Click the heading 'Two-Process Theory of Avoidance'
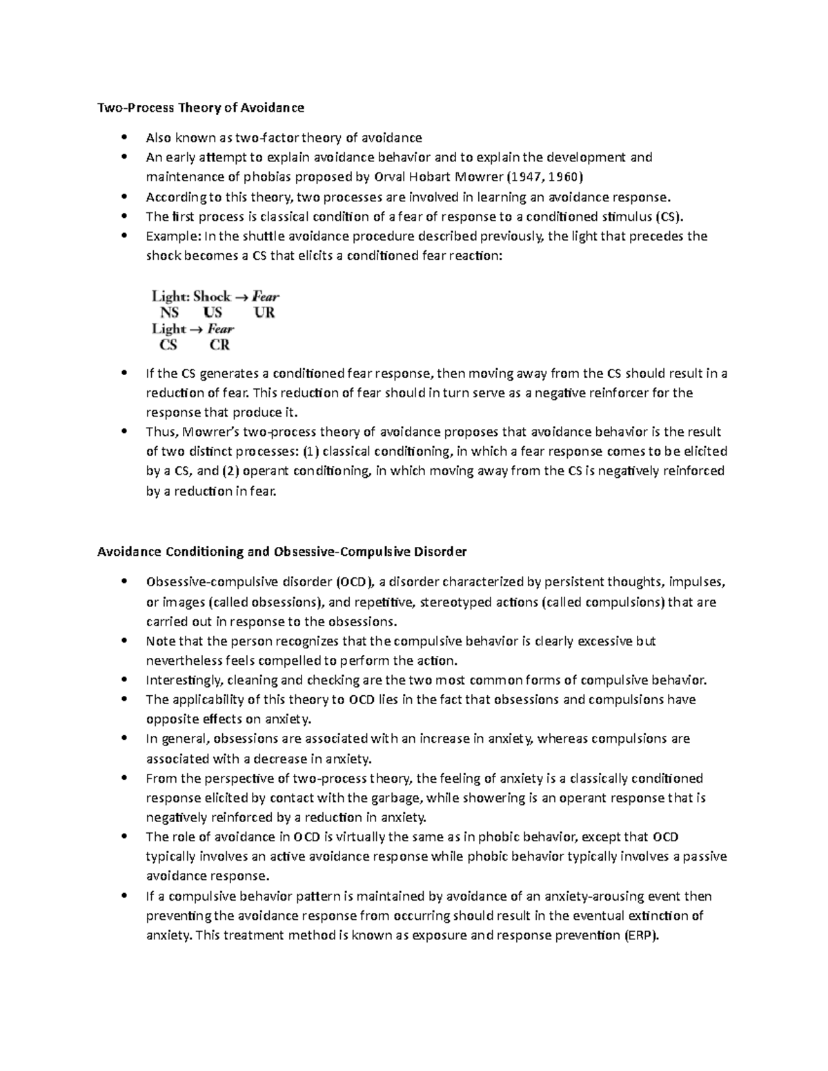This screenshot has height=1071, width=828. (x=200, y=108)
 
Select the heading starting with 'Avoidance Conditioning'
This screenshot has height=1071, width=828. (x=282, y=552)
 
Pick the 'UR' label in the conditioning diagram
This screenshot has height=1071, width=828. (x=264, y=312)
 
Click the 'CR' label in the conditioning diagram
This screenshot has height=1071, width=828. (x=219, y=345)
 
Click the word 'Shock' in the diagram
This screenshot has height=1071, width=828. (x=212, y=297)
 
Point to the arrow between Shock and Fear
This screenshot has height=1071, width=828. (x=241, y=297)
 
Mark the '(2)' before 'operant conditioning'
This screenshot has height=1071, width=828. (x=230, y=472)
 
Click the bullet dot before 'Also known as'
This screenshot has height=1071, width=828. (x=124, y=137)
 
